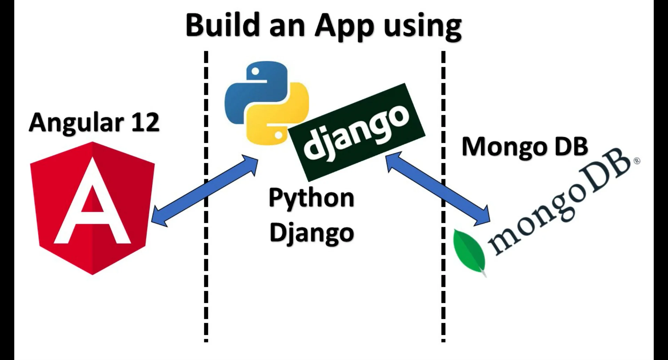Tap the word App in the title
tap(344, 26)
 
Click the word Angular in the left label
tap(76, 123)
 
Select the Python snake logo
tap(267, 103)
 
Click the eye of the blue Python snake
tap(255, 71)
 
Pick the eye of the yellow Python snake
tap(278, 134)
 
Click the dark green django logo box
tap(357, 132)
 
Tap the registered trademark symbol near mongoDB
tap(637, 161)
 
